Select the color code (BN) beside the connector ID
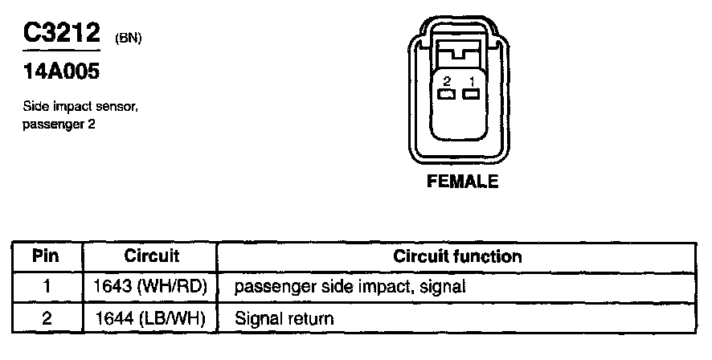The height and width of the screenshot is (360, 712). tap(129, 37)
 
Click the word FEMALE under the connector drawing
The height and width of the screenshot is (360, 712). tap(463, 182)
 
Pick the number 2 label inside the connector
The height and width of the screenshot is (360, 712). tap(447, 80)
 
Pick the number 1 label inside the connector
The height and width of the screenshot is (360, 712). tap(473, 80)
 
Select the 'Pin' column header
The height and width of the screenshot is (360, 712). tap(47, 256)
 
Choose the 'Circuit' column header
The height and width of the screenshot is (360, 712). tap(151, 256)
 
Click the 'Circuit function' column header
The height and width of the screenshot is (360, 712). tap(457, 256)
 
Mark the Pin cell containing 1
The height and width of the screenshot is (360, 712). tap(47, 286)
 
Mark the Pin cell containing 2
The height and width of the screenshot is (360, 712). tap(47, 318)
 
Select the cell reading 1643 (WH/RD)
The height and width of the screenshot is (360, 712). tap(151, 286)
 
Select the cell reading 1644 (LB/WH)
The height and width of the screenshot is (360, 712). tap(151, 318)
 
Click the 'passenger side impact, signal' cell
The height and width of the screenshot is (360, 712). tap(350, 286)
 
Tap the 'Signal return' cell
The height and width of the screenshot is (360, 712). tap(284, 318)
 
